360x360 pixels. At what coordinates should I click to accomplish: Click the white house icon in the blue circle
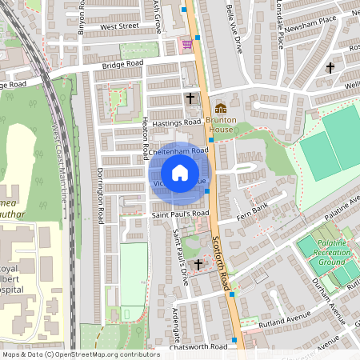pos(180,172)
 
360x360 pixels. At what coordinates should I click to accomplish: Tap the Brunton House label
pos(221,125)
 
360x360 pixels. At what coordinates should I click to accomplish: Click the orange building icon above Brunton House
pos(221,107)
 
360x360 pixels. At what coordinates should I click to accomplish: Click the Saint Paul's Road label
pos(181,214)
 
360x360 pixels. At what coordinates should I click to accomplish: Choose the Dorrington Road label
pos(101,196)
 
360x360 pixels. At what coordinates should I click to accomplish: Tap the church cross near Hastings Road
pos(190,98)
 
